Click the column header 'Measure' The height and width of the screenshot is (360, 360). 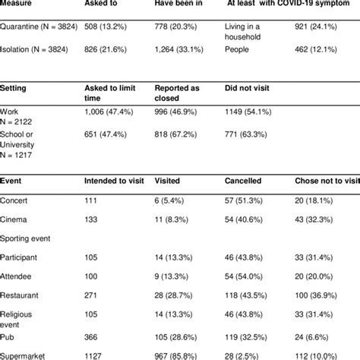pos(19,3)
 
